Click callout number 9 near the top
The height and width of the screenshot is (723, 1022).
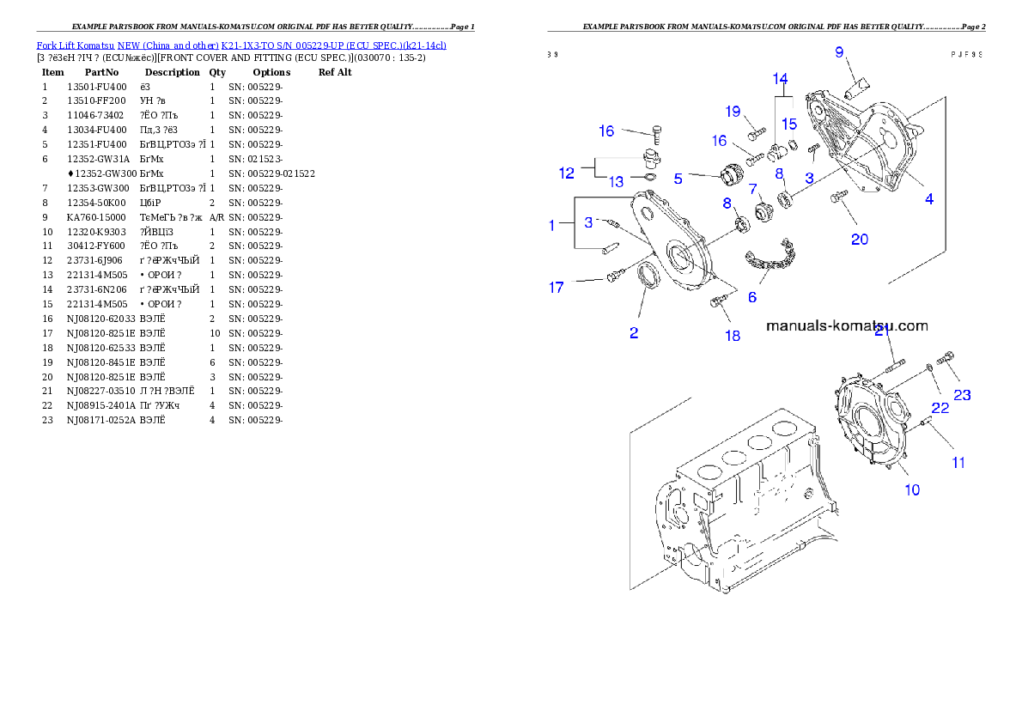pos(840,52)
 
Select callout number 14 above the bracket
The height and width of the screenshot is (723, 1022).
pos(780,79)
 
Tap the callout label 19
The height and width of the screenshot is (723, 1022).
pos(733,112)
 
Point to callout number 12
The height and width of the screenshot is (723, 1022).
pos(567,173)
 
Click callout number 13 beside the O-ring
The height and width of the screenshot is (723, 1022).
pos(617,182)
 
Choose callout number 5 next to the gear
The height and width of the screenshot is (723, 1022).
pos(678,179)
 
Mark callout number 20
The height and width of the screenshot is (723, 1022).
pos(860,239)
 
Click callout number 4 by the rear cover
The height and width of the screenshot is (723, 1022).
pos(929,198)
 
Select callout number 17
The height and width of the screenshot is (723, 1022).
pos(557,288)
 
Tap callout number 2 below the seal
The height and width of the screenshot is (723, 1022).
pos(634,333)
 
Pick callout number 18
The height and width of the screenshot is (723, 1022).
pos(732,336)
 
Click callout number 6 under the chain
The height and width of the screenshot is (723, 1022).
pos(752,297)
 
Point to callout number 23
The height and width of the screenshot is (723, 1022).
pos(963,395)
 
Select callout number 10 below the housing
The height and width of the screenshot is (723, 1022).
pos(912,489)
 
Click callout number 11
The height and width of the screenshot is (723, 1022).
pos(958,463)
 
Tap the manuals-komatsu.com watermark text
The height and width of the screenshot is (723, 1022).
pos(847,325)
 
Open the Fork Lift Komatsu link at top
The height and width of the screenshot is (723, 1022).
pos(241,45)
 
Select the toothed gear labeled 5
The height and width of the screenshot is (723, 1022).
pos(728,175)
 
